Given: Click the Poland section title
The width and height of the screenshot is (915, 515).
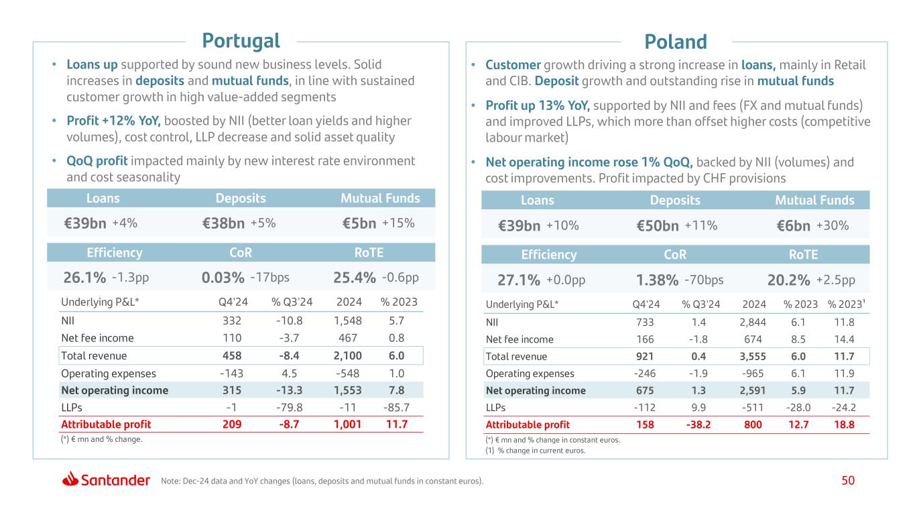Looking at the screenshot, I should (676, 42).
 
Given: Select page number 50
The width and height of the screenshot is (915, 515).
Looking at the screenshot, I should (848, 480).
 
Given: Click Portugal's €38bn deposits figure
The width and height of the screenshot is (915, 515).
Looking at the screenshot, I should (223, 224).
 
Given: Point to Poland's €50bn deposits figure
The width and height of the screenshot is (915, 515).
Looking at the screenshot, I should (658, 227).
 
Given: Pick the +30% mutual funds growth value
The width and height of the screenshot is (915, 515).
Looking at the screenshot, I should (833, 227).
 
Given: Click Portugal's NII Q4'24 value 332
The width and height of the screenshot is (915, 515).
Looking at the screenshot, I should (231, 321).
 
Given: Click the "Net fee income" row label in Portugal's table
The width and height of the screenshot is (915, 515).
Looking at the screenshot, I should (97, 339).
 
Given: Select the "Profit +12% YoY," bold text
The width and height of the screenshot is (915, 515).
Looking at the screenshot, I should (113, 121).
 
